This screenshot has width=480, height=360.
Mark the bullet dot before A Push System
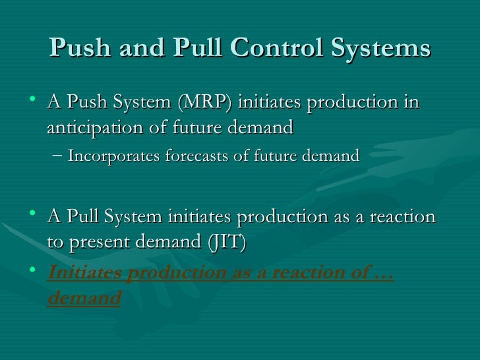point(34,101)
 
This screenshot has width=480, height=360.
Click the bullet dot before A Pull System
point(34,215)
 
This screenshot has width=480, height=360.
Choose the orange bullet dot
point(34,271)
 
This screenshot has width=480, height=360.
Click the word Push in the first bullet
point(83,103)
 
